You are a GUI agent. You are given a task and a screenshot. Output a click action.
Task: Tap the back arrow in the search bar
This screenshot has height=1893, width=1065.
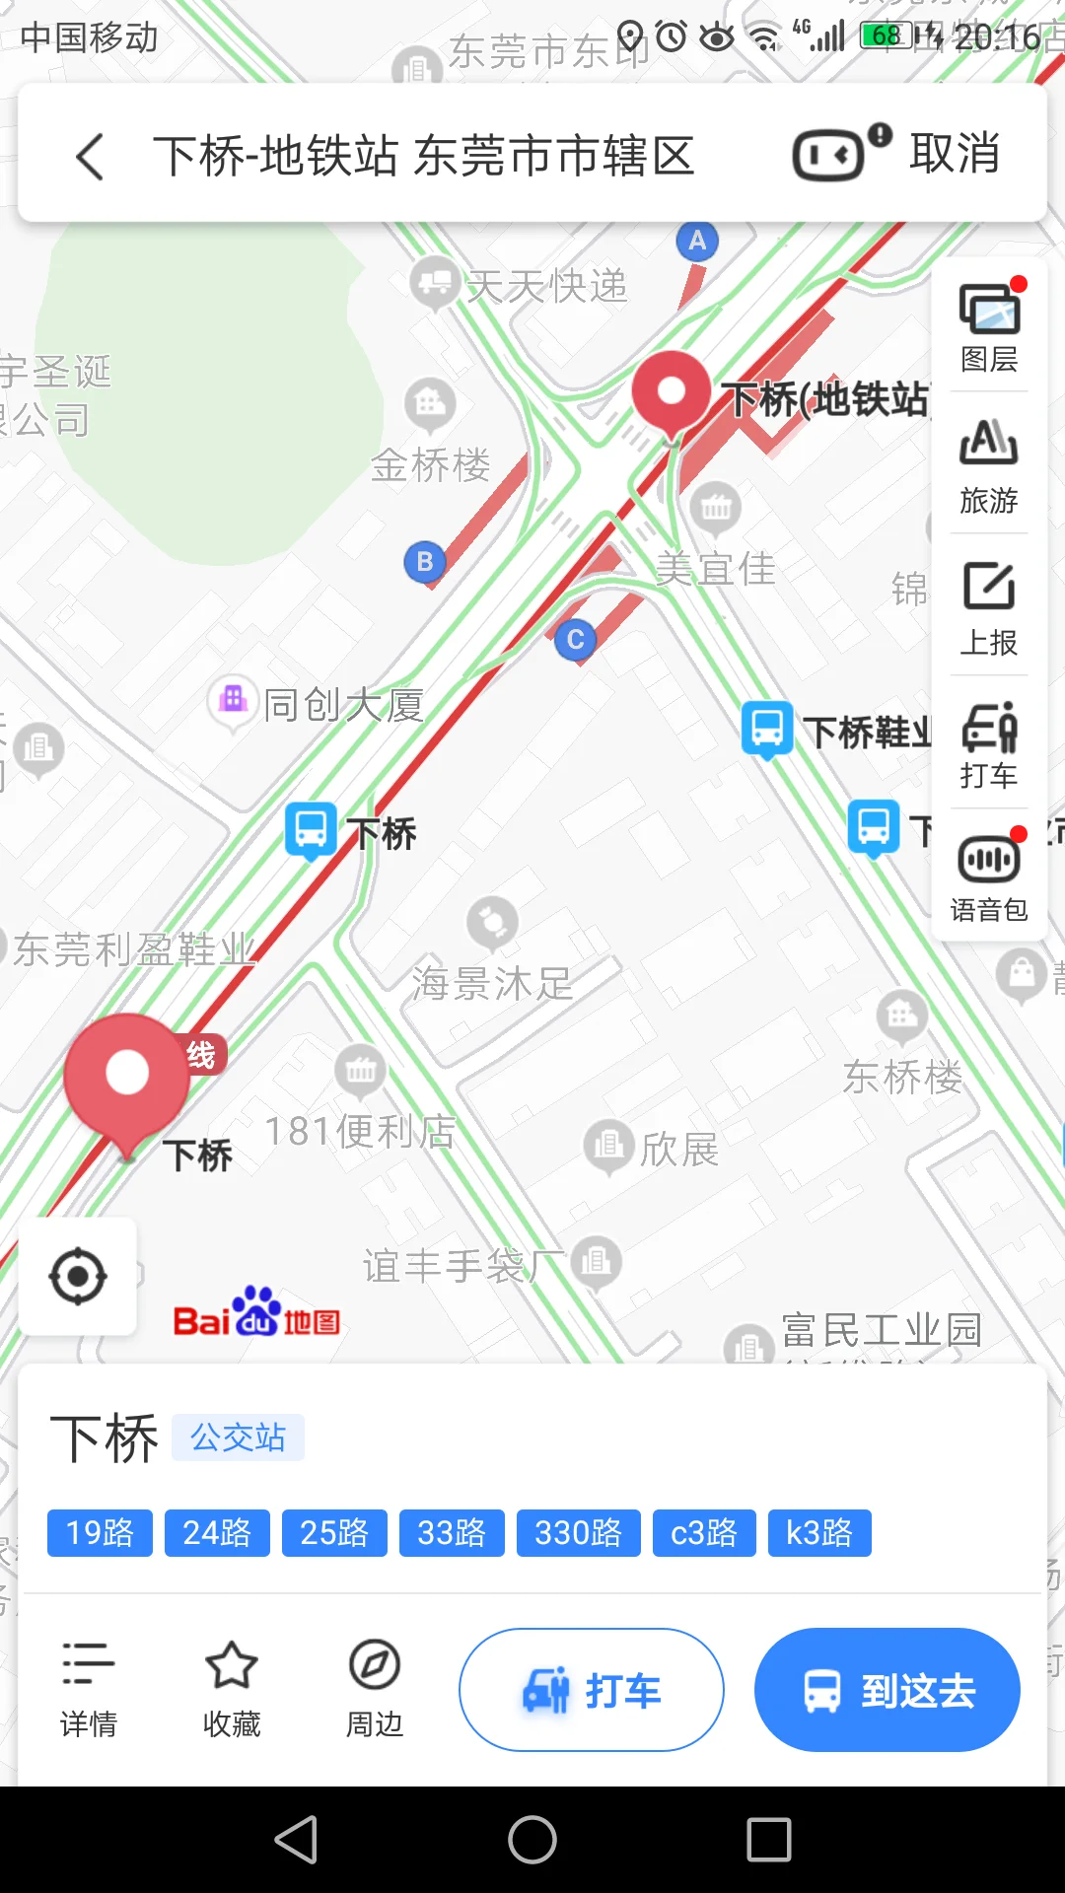(x=90, y=157)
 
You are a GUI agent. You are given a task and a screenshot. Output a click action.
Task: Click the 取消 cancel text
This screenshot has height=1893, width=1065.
(x=954, y=154)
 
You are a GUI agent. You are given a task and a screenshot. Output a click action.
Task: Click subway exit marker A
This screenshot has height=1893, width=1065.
(x=697, y=241)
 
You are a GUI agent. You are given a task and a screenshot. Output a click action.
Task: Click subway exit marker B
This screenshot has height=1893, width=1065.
(x=425, y=562)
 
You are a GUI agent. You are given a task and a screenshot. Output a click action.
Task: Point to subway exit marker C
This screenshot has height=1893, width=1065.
(x=576, y=639)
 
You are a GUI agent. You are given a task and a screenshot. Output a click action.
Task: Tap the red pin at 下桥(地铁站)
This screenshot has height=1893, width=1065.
(x=672, y=392)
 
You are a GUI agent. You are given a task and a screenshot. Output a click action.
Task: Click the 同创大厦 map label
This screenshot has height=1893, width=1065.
(x=343, y=704)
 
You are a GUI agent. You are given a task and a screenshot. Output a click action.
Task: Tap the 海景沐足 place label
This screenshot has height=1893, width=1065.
(x=492, y=982)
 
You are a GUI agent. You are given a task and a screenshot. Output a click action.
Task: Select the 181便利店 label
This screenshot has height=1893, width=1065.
(x=361, y=1131)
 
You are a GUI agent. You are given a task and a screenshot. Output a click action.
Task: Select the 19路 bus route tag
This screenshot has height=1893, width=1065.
(x=100, y=1533)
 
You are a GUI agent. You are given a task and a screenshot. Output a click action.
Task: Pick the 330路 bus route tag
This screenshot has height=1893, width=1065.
(x=578, y=1533)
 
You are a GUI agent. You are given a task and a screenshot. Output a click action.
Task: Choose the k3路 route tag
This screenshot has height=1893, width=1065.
(x=818, y=1533)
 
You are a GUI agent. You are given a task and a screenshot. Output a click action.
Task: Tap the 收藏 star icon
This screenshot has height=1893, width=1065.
(x=232, y=1666)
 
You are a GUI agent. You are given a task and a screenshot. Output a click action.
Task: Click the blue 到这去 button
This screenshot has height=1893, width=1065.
(x=887, y=1690)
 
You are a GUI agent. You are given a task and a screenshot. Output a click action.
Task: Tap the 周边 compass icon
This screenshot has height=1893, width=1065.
(x=375, y=1666)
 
